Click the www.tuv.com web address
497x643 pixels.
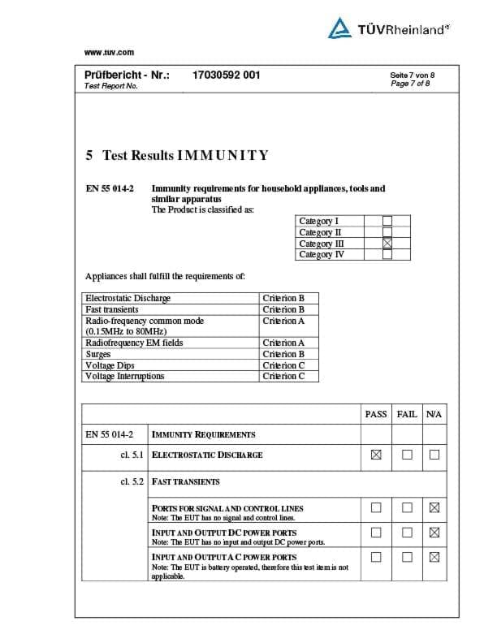pos(109,53)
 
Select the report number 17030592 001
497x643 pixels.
pos(226,76)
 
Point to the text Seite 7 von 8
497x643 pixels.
pos(412,76)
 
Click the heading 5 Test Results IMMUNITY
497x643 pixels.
pos(177,155)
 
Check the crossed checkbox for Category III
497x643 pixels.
pos(387,243)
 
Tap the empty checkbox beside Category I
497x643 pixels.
pos(387,220)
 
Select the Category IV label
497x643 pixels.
pos(322,254)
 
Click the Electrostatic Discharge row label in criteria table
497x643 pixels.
pos(127,298)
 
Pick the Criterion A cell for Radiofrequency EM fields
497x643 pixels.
pos(283,343)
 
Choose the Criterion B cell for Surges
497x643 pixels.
pos(283,354)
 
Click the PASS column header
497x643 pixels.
pos(376,414)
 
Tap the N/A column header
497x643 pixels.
pos(434,414)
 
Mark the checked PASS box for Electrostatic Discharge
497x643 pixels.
pos(376,455)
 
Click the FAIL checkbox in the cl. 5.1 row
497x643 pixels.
pos(406,455)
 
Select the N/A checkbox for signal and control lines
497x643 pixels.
pos(434,508)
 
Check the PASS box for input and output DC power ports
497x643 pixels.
pos(376,533)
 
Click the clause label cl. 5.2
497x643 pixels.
pos(132,481)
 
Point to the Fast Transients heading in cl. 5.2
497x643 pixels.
pos(186,481)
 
